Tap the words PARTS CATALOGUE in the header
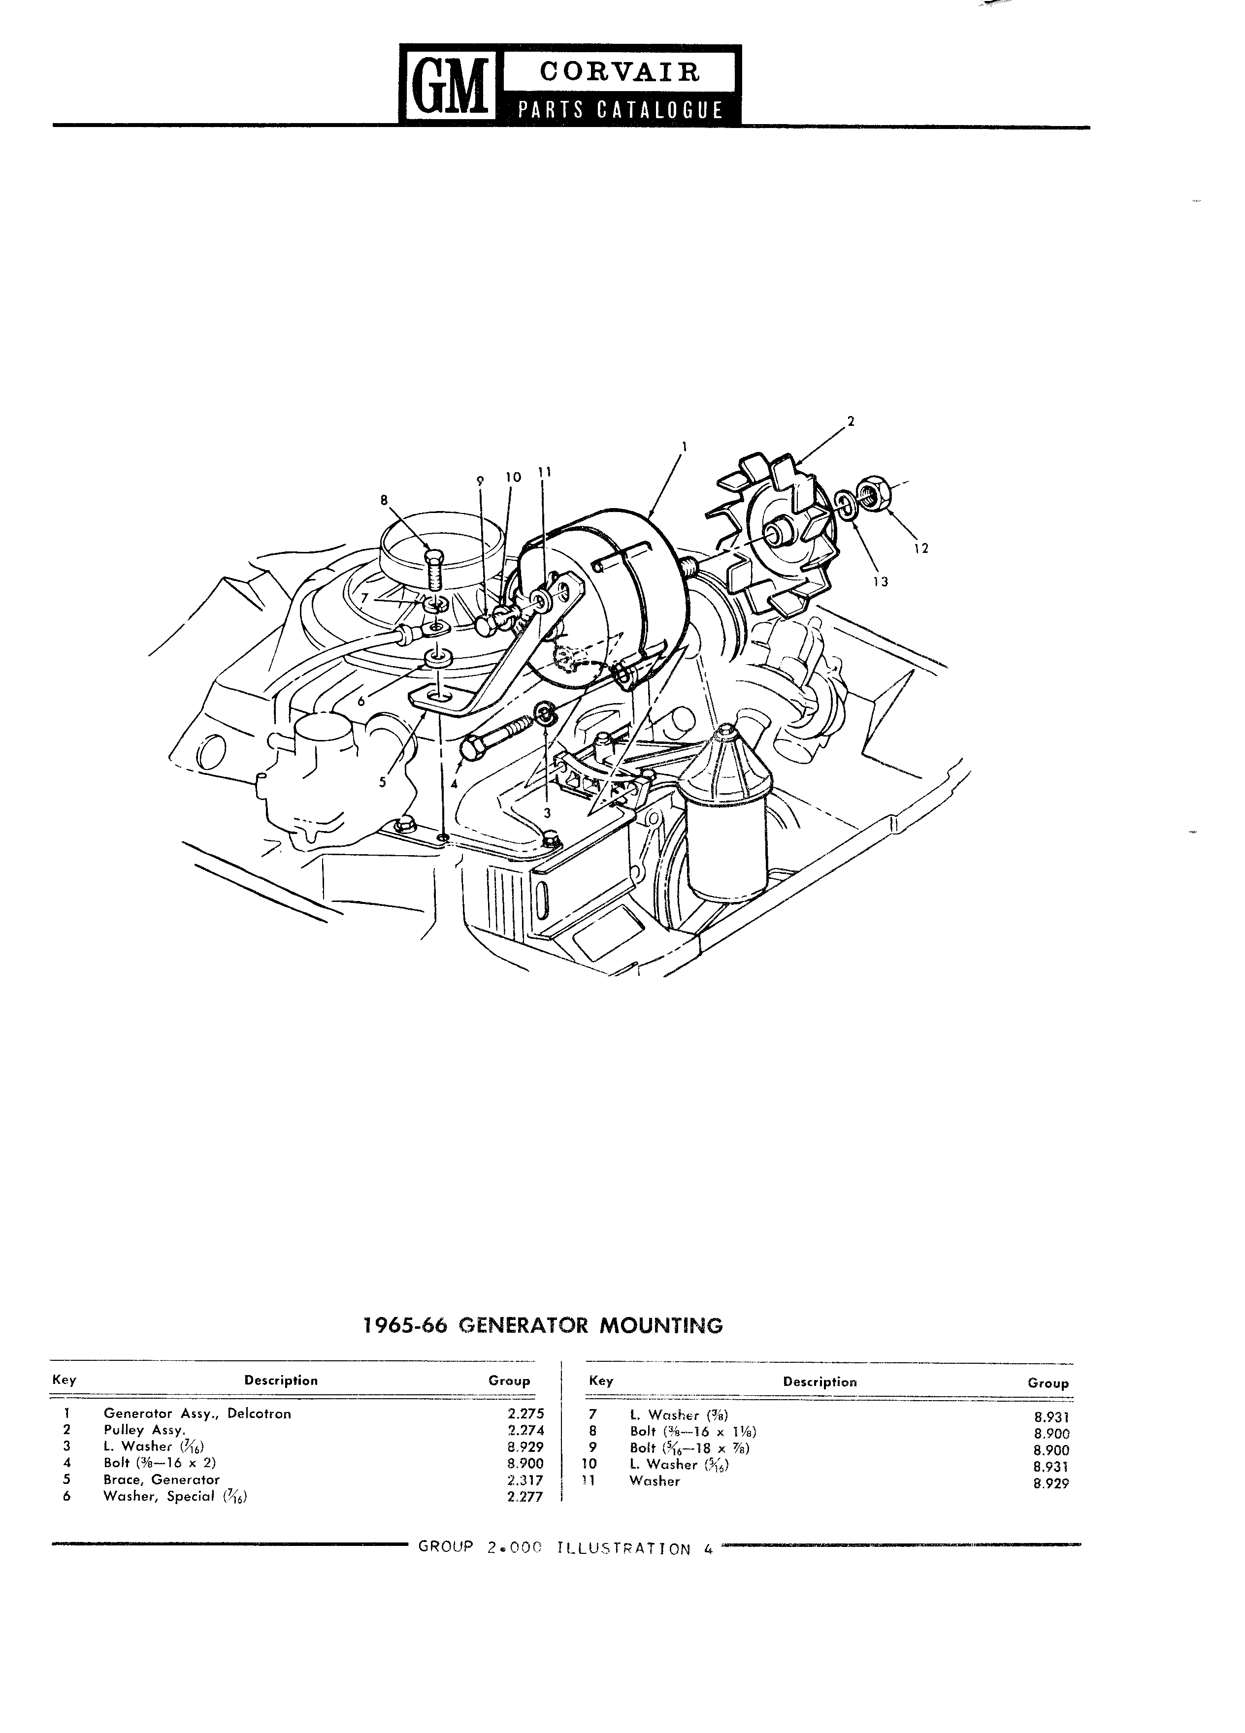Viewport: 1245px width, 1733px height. (x=619, y=110)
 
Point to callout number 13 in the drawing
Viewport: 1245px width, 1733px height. (x=881, y=581)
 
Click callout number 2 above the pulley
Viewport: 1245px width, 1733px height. (x=851, y=420)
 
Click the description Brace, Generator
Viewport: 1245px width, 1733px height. (x=161, y=1479)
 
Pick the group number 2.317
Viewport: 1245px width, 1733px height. (x=525, y=1479)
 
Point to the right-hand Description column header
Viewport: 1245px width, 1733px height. (x=820, y=1381)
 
